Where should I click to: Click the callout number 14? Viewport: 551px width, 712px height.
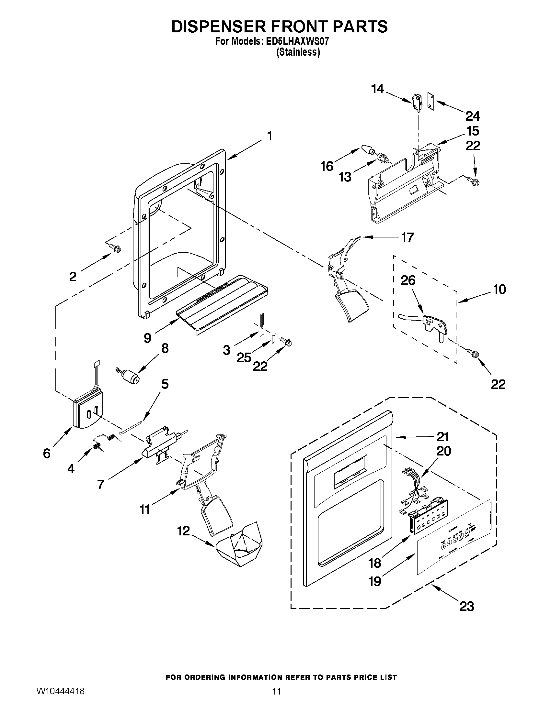click(x=378, y=89)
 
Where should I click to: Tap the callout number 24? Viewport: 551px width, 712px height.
click(x=473, y=116)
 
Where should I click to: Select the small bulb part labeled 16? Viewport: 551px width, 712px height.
click(x=367, y=150)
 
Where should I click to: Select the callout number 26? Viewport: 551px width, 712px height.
click(x=408, y=280)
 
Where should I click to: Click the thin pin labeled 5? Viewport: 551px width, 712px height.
click(x=131, y=427)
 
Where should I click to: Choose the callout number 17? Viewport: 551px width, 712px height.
click(x=408, y=237)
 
